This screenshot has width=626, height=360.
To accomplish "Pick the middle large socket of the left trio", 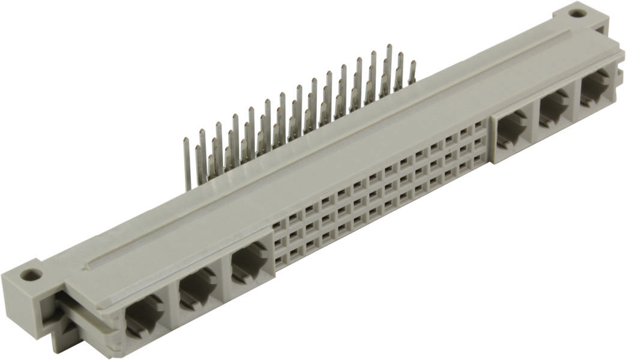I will (197, 289).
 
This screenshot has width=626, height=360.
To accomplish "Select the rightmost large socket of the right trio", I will (594, 88).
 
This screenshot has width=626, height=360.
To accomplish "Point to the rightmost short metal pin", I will (412, 72).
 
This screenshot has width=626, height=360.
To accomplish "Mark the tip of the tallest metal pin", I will (389, 46).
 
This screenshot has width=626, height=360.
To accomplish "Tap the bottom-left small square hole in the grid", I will (279, 260).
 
